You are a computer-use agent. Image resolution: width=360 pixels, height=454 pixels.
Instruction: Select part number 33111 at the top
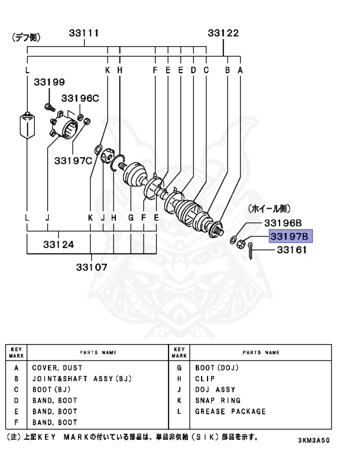point(84,34)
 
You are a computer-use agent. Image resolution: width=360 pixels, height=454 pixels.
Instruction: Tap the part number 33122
point(223,34)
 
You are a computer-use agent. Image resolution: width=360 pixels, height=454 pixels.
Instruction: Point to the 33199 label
point(49,82)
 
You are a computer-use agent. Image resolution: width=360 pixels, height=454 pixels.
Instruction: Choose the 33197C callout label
point(74,160)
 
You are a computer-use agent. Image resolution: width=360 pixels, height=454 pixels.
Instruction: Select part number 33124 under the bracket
point(58,244)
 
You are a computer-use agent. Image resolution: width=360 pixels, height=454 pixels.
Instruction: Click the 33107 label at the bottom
point(92,266)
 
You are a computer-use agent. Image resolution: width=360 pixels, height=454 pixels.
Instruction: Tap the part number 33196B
point(283,223)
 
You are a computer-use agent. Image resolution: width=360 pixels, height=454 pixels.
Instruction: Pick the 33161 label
point(290,251)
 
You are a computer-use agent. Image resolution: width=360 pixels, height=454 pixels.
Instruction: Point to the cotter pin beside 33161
point(251,251)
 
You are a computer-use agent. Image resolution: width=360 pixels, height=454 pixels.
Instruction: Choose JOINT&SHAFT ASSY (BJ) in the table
point(80,378)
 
